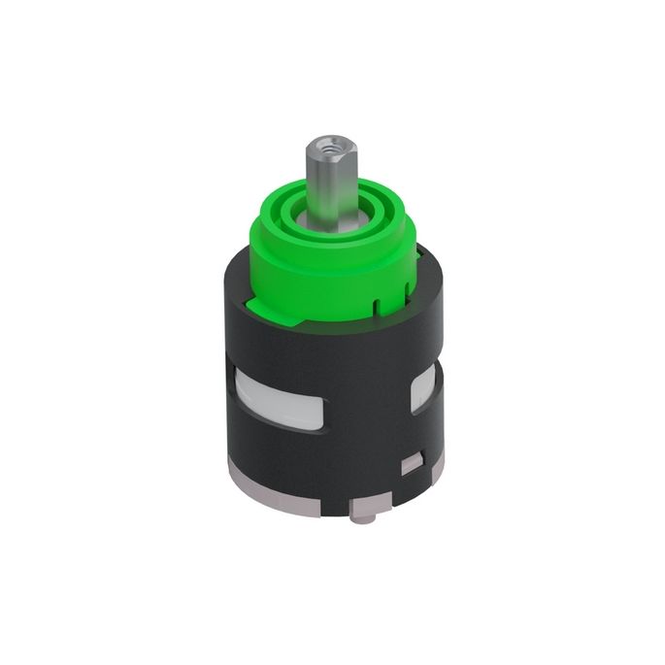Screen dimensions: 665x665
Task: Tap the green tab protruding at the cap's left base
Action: click(257, 306)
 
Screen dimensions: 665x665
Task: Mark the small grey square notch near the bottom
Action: click(413, 463)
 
